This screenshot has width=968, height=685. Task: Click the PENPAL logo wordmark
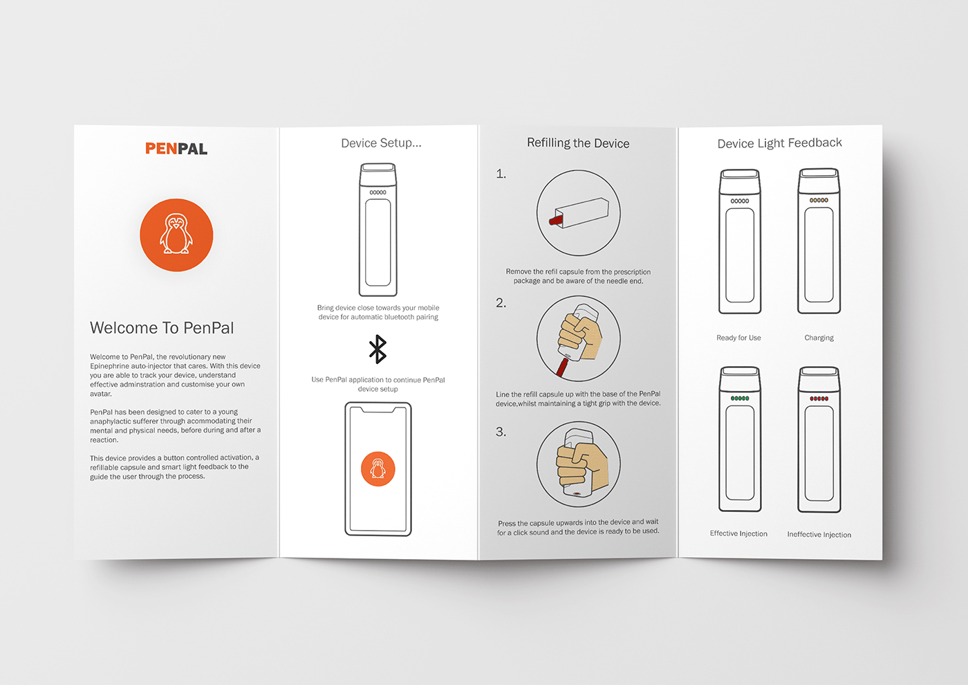176,148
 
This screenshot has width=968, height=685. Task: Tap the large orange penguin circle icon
176,235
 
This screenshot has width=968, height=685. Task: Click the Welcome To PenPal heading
162,328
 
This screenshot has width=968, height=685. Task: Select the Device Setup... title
381,143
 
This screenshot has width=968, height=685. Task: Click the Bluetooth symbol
378,349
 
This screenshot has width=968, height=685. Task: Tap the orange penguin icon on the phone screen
378,469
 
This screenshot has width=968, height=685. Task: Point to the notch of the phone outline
378,409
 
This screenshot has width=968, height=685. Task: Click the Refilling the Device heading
578,143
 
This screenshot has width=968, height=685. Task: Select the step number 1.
501,174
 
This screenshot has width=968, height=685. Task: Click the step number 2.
501,303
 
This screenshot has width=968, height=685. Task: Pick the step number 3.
501,432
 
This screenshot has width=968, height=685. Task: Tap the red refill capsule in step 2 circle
562,367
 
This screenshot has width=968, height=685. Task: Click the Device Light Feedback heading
780,143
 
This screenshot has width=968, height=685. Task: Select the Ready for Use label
738,338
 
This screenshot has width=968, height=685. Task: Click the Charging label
819,338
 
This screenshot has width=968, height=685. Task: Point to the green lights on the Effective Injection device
740,399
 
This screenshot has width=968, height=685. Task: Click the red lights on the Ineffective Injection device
819,399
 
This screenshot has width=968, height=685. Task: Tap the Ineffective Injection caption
819,534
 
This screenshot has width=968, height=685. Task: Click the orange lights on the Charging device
819,200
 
